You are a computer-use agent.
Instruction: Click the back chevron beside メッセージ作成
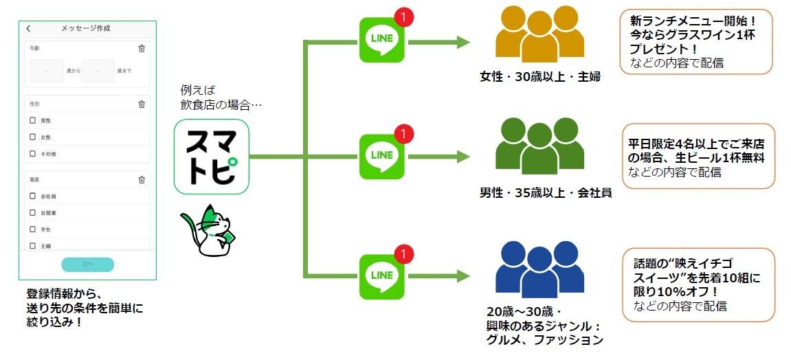(x=28, y=29)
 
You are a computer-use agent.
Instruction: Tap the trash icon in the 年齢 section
(x=142, y=48)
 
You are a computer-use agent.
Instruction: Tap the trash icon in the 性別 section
(x=142, y=104)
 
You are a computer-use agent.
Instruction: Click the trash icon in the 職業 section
(x=142, y=180)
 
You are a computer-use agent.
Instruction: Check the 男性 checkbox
(x=32, y=121)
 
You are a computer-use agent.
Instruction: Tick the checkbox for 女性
(x=32, y=137)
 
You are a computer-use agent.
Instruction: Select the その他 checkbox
(x=32, y=154)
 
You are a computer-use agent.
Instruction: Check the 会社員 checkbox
(x=32, y=196)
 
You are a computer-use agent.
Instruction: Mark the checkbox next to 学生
(x=32, y=229)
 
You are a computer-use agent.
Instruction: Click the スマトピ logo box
(x=211, y=156)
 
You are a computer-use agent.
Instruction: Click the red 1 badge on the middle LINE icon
(x=405, y=133)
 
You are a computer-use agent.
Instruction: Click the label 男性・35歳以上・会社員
(x=546, y=193)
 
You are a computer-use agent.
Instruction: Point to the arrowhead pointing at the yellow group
(x=461, y=43)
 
